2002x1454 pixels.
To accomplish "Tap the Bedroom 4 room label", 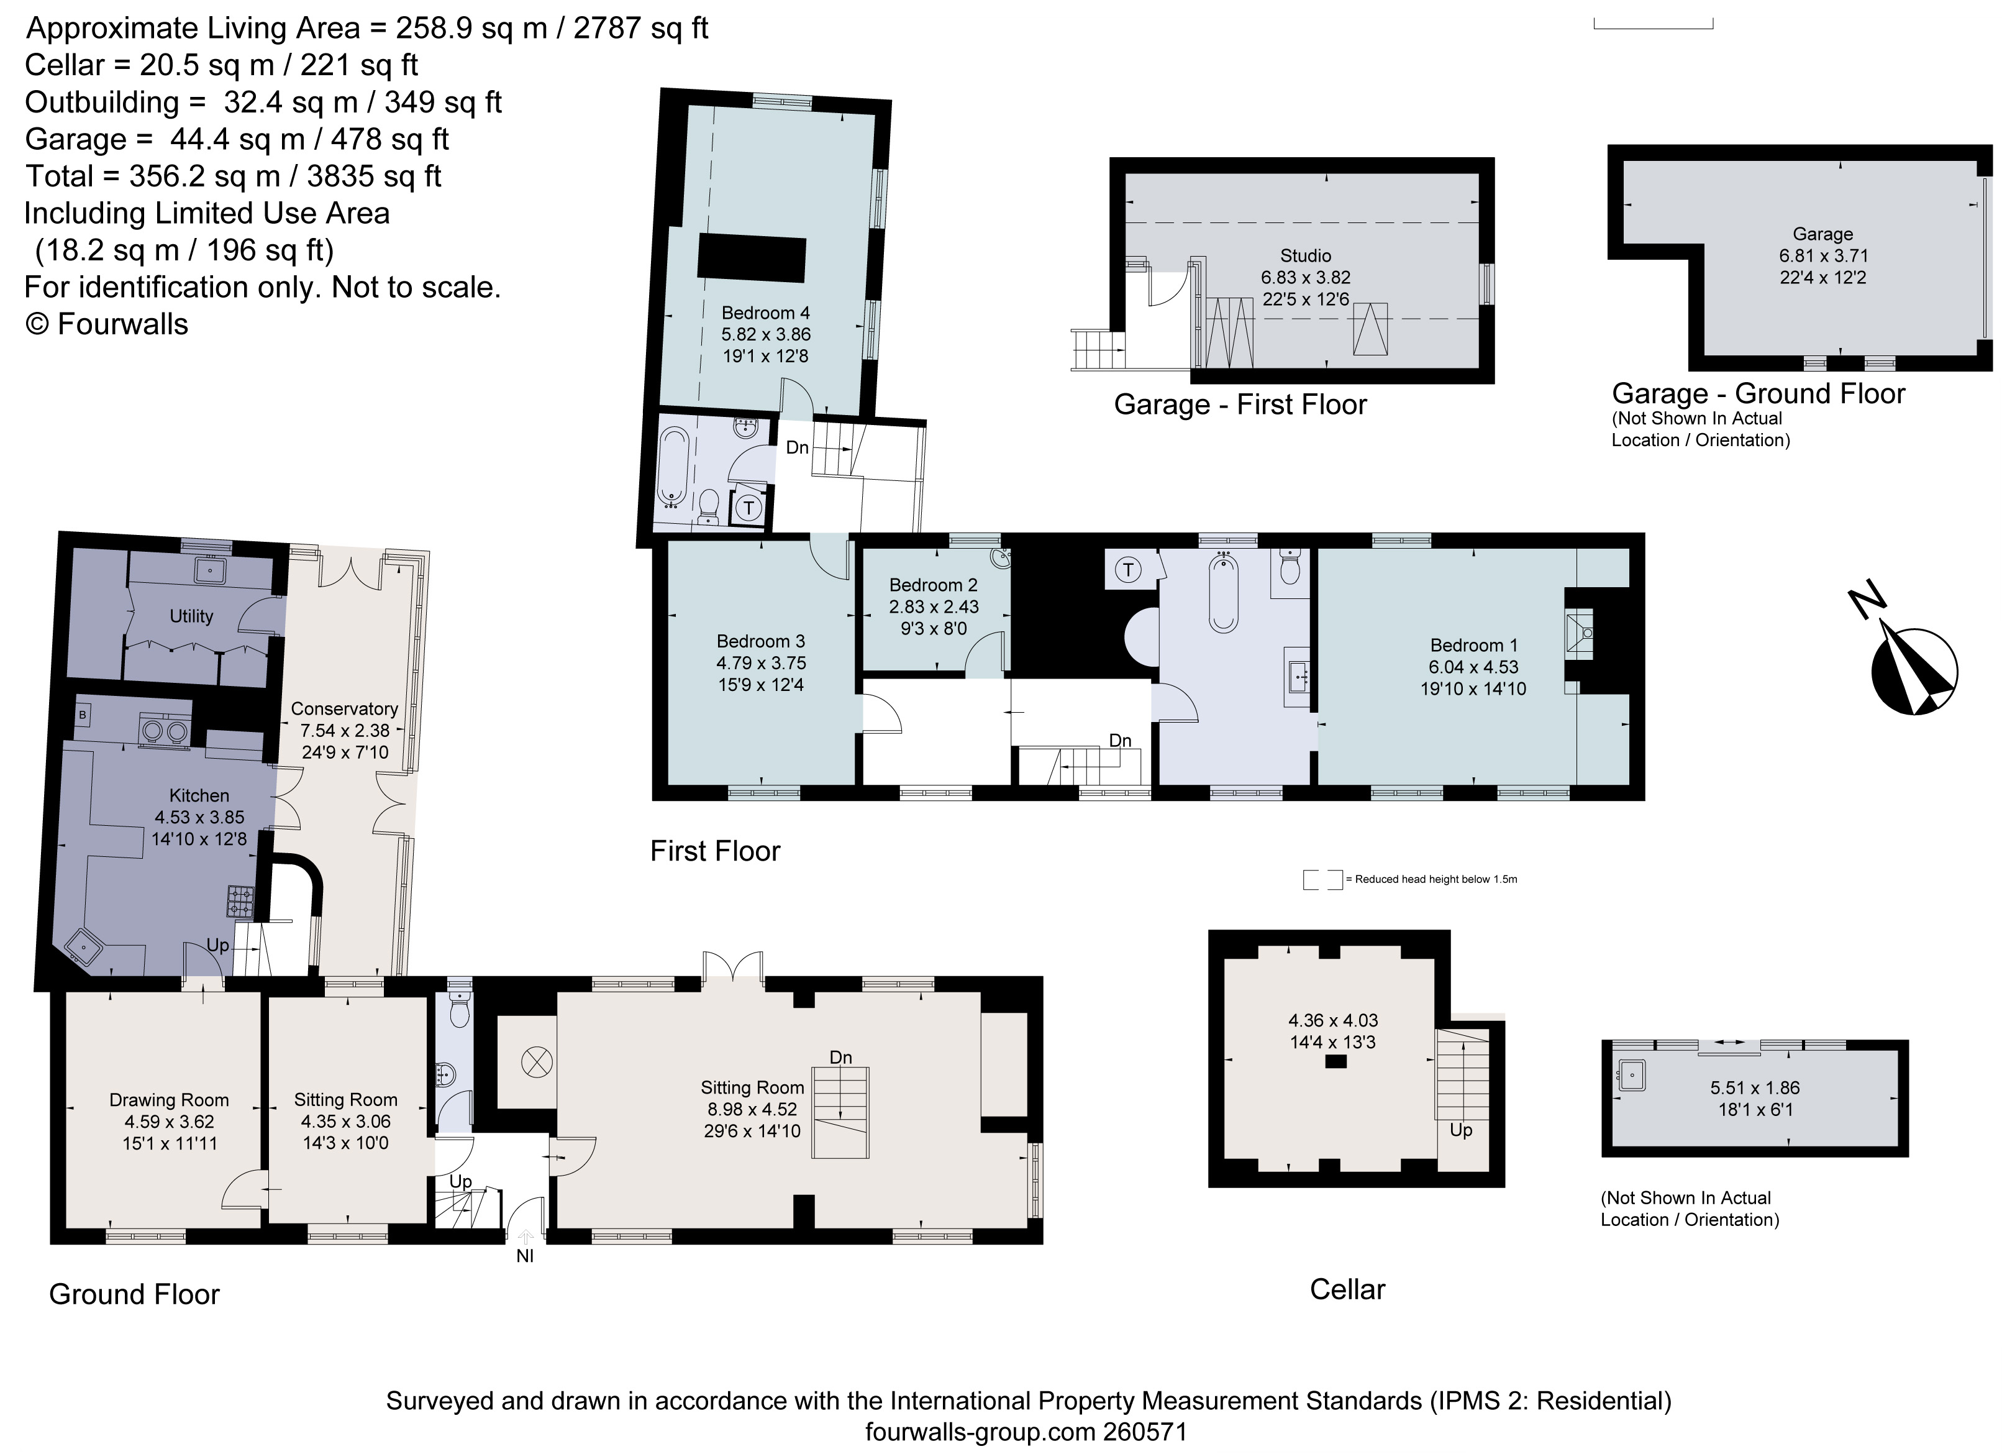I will [x=765, y=313].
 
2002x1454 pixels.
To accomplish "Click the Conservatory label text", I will [x=344, y=709].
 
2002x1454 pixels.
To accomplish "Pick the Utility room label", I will [x=191, y=616].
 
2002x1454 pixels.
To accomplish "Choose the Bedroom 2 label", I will [x=933, y=585].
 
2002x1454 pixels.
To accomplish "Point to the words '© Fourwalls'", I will [x=107, y=324].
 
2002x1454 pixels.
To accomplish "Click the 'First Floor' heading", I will [x=715, y=851].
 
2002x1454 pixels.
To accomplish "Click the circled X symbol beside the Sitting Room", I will [x=537, y=1062].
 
